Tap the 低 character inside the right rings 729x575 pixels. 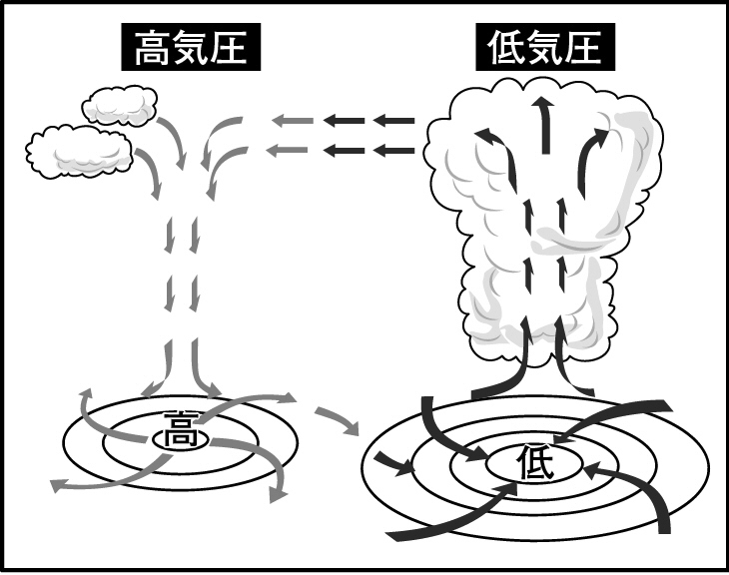tap(532, 461)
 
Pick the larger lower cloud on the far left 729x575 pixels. tap(80, 150)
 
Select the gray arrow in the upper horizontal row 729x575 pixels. tap(292, 122)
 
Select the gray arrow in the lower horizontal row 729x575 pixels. tap(292, 151)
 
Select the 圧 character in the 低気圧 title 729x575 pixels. tap(590, 47)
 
